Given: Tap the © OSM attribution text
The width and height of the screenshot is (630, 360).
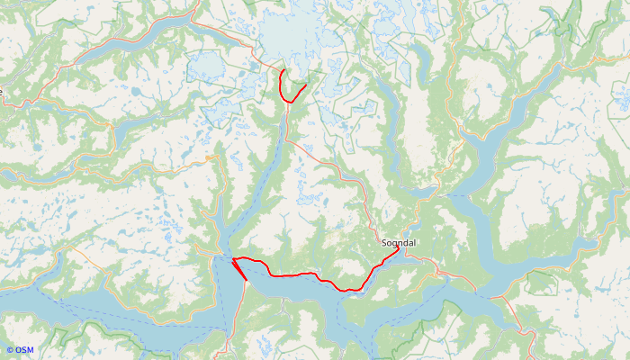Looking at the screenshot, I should click(x=20, y=350).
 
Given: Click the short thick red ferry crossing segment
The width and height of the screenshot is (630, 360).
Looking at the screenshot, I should click(x=239, y=270).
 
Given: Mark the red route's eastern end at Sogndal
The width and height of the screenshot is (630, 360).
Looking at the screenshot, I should click(x=398, y=250).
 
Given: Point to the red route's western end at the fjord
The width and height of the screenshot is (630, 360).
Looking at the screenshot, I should click(x=233, y=259).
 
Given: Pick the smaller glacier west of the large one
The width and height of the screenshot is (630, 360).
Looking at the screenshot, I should click(x=205, y=66).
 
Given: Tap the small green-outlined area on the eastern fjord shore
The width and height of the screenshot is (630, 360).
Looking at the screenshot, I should click(x=540, y=283).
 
